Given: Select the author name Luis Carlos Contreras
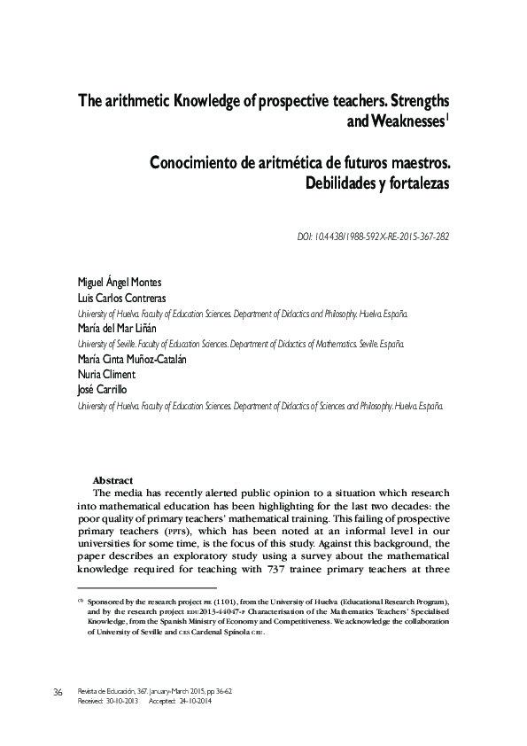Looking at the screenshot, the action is tap(122, 298).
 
